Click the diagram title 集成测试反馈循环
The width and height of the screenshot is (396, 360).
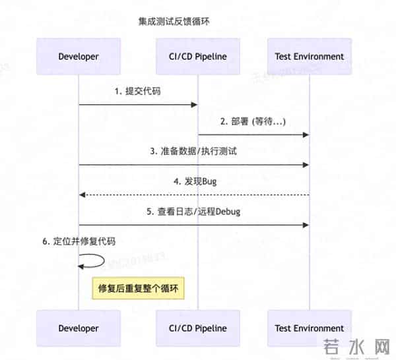pos(174,22)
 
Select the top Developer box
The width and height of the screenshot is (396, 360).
pos(79,57)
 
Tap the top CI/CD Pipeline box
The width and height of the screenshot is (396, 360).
pos(198,57)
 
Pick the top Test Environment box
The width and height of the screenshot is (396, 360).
pos(309,57)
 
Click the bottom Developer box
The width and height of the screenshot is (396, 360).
pos(79,328)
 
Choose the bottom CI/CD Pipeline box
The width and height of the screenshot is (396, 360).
pos(198,328)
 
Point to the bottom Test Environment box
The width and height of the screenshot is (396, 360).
pos(309,328)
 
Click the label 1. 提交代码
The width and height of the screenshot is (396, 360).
pos(137,91)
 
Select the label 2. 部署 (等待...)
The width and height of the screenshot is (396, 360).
pos(253,121)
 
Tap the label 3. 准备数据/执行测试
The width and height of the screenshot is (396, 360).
pos(193,151)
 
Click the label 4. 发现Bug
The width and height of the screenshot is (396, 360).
pos(193,181)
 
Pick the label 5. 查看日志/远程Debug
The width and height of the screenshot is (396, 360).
pos(193,211)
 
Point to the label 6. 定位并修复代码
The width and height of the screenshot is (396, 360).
pos(79,241)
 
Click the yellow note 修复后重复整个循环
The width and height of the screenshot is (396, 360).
pos(139,289)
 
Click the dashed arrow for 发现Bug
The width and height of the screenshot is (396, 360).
pos(193,195)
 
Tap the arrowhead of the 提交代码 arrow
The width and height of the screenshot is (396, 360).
pos(195,105)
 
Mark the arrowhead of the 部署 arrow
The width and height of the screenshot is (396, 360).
pos(306,135)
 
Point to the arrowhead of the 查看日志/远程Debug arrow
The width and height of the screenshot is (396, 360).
pos(306,225)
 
